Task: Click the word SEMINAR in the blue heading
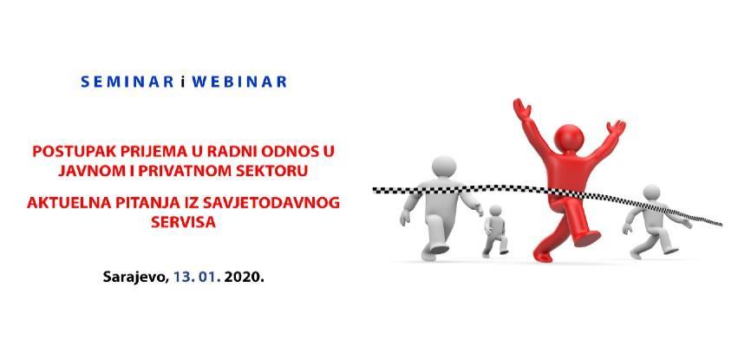click(x=127, y=82)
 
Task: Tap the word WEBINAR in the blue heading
click(x=239, y=82)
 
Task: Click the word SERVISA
click(x=184, y=222)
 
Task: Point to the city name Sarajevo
click(x=135, y=278)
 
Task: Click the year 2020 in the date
click(x=244, y=277)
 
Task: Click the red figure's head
click(x=569, y=138)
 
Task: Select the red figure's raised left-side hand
click(x=522, y=108)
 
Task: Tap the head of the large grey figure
click(x=444, y=167)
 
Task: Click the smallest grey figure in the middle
click(x=494, y=231)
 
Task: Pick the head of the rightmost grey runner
click(x=651, y=192)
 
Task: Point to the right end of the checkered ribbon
click(x=722, y=224)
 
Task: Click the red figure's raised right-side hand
click(x=616, y=128)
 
